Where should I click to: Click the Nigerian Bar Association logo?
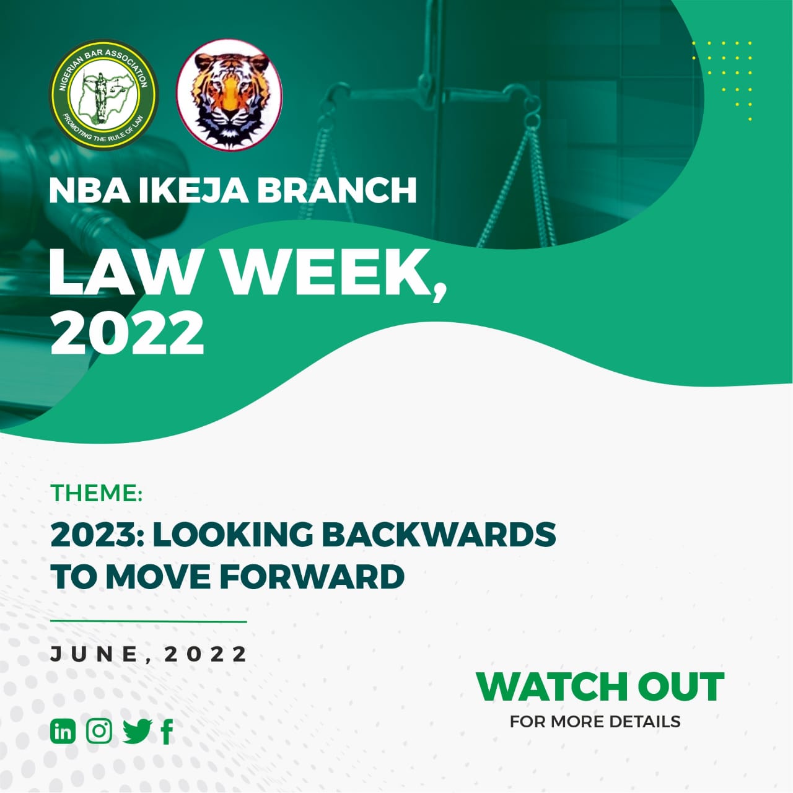pyautogui.click(x=103, y=95)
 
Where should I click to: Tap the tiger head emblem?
pyautogui.click(x=230, y=95)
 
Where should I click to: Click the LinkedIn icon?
pyautogui.click(x=63, y=731)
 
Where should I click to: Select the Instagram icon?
pyautogui.click(x=99, y=731)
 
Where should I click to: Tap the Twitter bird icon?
pyautogui.click(x=138, y=732)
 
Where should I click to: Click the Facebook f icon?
pyautogui.click(x=167, y=732)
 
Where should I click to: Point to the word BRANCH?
pyautogui.click(x=337, y=190)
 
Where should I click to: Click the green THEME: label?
pyautogui.click(x=96, y=493)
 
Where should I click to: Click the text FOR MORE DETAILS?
pyautogui.click(x=595, y=722)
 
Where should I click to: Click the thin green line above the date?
pyautogui.click(x=149, y=621)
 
